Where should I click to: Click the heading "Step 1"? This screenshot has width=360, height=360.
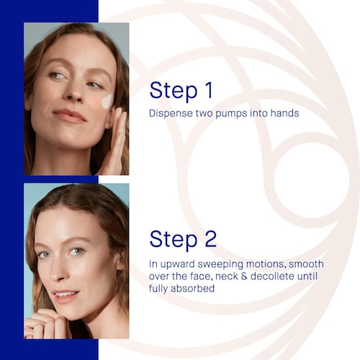(x=181, y=91)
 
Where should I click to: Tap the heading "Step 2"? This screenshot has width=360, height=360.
(x=183, y=239)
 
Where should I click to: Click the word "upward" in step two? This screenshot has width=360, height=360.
(x=177, y=265)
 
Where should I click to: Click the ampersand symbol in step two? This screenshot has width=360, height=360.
(x=244, y=276)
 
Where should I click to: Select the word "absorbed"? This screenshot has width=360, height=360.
(x=193, y=288)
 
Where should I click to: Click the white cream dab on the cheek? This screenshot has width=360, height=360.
(x=107, y=102)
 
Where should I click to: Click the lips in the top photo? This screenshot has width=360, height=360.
(x=70, y=116)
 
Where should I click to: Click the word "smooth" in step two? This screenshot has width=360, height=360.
(x=306, y=264)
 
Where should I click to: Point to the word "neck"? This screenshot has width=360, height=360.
(x=226, y=276)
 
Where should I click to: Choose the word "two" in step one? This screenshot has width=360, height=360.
(x=204, y=114)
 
